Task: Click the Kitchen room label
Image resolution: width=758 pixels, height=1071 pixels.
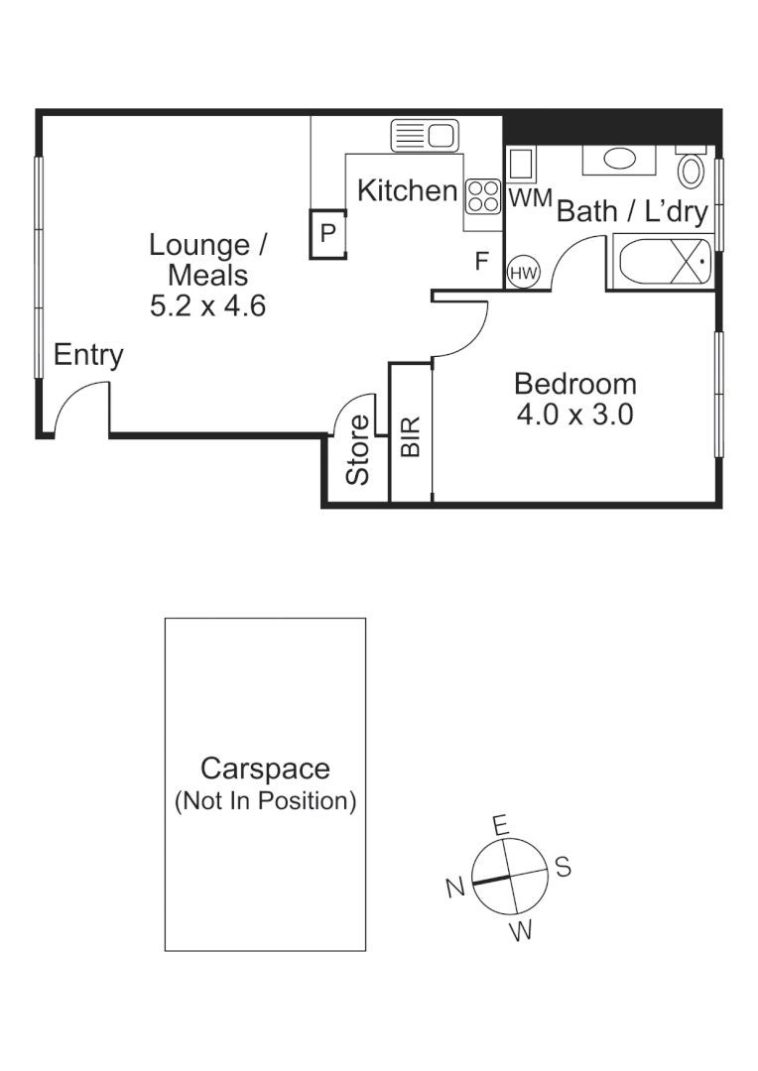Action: tap(407, 190)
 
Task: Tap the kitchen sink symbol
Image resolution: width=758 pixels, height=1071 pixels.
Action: tap(423, 134)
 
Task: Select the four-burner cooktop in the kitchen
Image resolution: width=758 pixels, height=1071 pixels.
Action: tap(483, 195)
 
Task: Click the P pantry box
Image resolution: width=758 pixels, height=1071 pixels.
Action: tap(327, 234)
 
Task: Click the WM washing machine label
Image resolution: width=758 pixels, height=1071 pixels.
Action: tap(529, 198)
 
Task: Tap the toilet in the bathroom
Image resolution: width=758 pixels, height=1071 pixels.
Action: tap(692, 169)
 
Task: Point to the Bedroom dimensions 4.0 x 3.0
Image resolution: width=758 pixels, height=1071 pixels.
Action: tap(574, 415)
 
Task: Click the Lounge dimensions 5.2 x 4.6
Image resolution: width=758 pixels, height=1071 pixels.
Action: tap(207, 304)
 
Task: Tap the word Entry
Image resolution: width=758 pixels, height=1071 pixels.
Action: tap(88, 355)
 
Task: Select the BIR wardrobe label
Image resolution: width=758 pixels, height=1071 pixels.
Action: tap(411, 436)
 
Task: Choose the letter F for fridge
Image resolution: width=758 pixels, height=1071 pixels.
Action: tap(482, 262)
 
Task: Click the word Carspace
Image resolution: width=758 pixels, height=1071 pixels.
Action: tap(265, 769)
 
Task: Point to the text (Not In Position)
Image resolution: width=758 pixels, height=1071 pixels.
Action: tap(265, 801)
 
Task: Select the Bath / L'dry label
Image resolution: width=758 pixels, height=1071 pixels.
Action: tap(632, 211)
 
